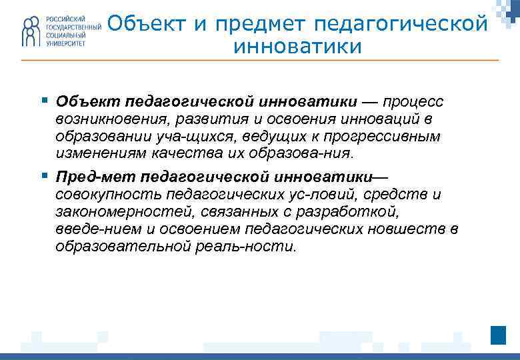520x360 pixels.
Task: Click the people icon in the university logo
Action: click(x=31, y=31)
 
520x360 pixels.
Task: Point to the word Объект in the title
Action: click(x=138, y=24)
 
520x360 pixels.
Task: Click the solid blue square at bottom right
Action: click(x=498, y=335)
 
